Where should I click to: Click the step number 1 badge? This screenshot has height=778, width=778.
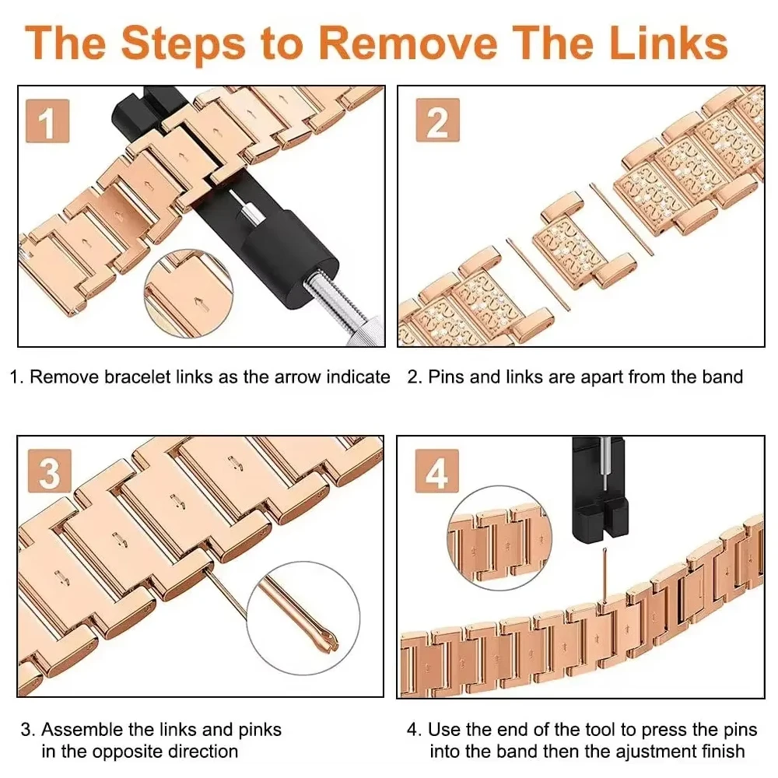(x=47, y=121)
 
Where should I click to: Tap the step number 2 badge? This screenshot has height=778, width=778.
(x=437, y=121)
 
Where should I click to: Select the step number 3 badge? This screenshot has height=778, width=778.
(x=49, y=471)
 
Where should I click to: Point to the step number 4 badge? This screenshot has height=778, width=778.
(x=436, y=471)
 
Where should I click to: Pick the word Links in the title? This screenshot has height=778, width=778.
(x=668, y=43)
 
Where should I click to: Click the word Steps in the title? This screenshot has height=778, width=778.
(x=183, y=44)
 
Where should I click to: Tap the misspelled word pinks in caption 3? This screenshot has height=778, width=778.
(x=260, y=730)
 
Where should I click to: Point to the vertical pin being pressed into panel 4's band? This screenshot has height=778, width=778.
(x=605, y=576)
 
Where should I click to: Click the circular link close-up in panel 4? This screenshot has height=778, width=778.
(x=499, y=538)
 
